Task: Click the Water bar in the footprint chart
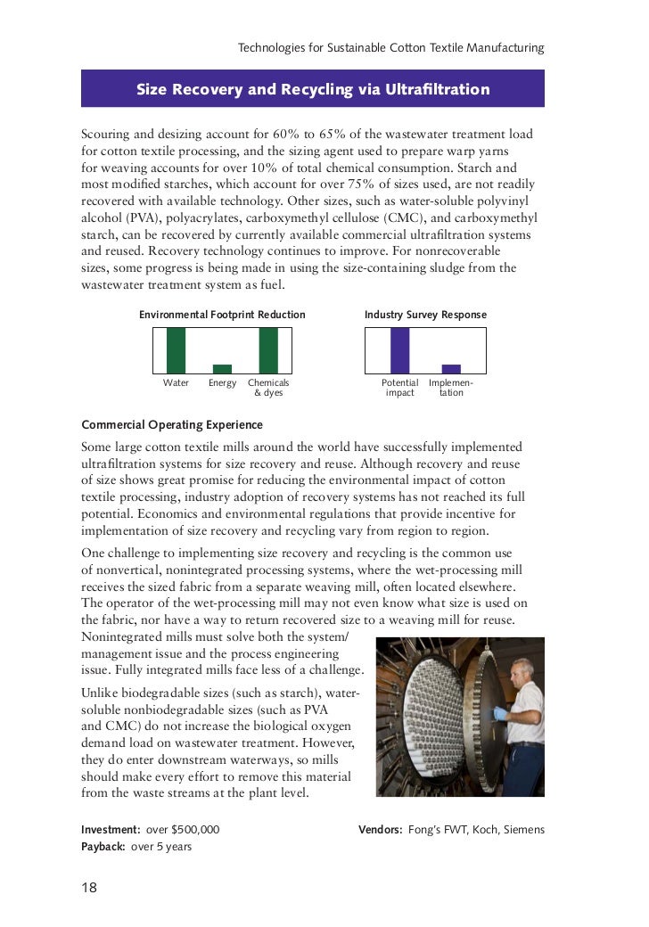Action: point(177,350)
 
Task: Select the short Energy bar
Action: point(222,369)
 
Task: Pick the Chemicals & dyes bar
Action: point(268,350)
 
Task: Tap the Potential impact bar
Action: point(400,350)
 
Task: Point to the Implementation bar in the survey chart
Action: point(451,369)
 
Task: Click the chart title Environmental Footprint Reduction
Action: point(222,315)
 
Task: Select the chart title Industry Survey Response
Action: point(425,315)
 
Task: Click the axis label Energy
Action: point(222,383)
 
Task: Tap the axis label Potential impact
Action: point(400,388)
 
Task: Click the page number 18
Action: point(89,887)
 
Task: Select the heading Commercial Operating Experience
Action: point(172,424)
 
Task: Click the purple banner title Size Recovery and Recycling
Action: point(312,90)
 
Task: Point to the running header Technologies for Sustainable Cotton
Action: point(390,47)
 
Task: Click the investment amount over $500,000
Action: point(182,829)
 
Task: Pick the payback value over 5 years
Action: point(161,847)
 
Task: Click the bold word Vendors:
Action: point(381,829)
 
